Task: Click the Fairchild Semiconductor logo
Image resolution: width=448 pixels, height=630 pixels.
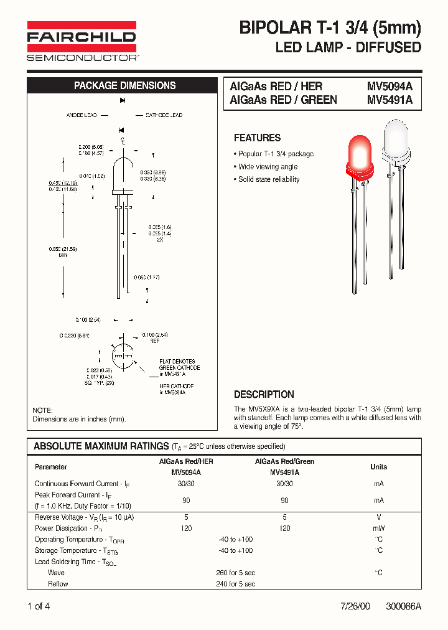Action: (82, 41)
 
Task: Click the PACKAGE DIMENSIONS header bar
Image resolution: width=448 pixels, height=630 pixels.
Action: (124, 86)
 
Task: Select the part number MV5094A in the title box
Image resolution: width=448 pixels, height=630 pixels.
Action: (390, 87)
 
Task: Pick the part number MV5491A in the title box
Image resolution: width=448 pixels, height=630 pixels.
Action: (390, 100)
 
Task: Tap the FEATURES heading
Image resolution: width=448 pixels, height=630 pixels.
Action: (257, 138)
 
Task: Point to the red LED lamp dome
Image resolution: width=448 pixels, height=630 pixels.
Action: (360, 154)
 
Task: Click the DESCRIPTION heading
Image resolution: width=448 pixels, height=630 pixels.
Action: (264, 395)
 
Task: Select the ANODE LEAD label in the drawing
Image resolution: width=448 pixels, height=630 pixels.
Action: (82, 116)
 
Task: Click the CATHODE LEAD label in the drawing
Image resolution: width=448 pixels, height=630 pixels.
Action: (164, 116)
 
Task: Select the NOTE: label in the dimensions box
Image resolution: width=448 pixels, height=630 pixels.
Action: (42, 410)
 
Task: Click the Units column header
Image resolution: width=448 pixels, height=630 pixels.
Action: (378, 466)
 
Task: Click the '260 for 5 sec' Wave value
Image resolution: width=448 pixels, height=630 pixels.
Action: (235, 573)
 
